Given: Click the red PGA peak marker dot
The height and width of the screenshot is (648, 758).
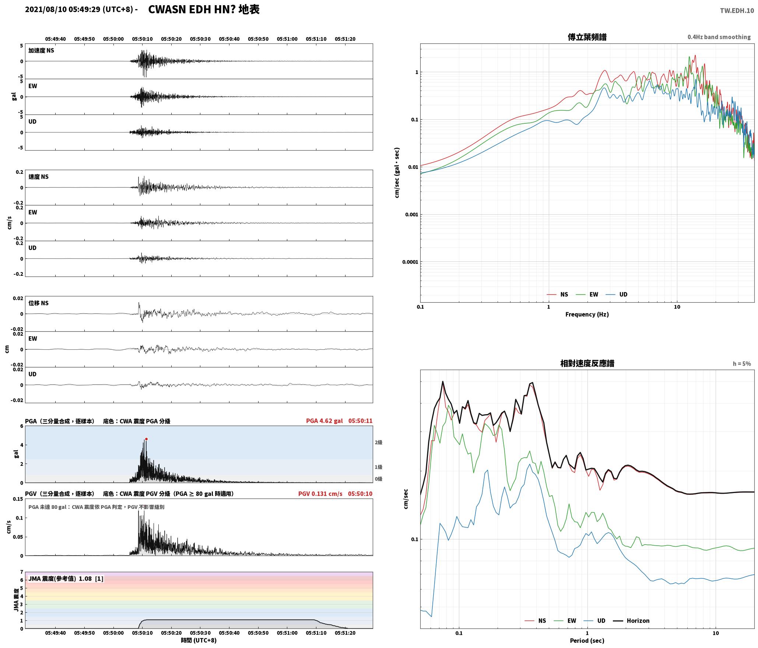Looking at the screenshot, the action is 146,439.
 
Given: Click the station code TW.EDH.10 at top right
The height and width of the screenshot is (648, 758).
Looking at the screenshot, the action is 737,11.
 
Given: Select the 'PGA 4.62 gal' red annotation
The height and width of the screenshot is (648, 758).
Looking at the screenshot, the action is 324,421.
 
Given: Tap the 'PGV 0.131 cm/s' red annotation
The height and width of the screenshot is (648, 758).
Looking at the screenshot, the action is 320,493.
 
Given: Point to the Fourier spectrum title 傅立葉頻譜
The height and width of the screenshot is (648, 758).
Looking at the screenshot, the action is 587,37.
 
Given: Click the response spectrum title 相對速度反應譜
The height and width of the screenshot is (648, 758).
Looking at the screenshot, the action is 587,363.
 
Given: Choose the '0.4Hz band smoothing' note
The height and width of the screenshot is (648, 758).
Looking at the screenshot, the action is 719,37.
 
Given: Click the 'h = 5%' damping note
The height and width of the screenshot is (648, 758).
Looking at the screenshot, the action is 741,364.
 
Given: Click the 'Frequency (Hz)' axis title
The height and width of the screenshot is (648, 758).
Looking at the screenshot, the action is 587,314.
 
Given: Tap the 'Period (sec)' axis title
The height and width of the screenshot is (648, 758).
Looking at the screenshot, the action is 587,640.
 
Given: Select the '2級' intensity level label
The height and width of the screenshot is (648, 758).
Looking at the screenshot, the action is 378,442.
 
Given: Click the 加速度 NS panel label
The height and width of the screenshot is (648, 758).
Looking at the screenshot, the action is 41,50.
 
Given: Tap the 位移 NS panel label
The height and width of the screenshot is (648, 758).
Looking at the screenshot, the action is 38,303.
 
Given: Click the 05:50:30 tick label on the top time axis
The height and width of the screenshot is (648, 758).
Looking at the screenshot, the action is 200,39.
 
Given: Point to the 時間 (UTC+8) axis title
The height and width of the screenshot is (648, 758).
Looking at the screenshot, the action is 199,640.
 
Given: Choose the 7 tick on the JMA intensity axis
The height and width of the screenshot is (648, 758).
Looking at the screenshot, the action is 22,572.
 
